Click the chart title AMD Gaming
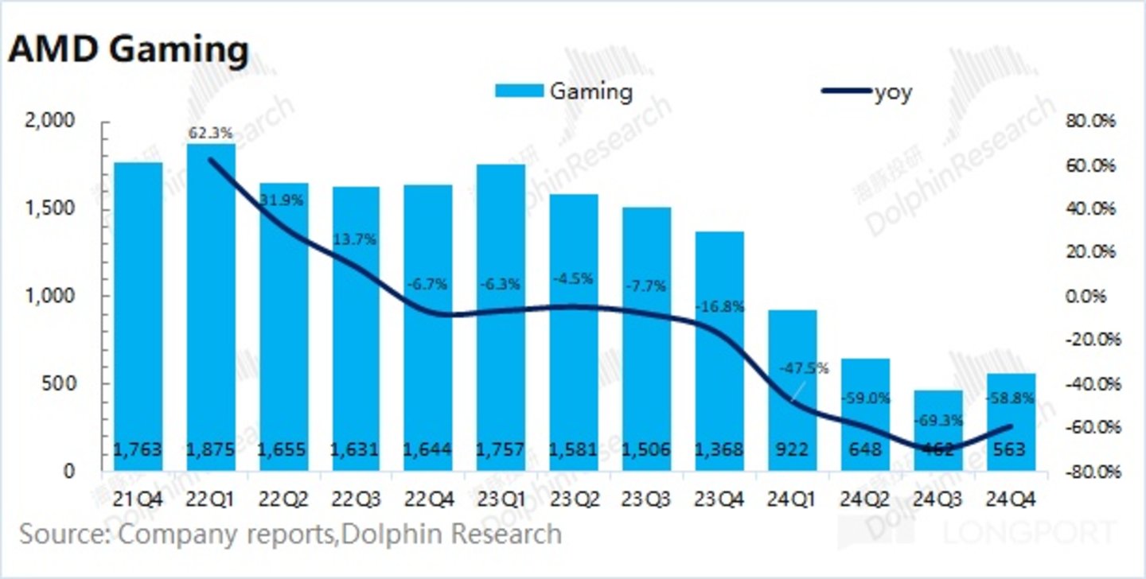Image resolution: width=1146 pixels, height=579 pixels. tap(128, 51)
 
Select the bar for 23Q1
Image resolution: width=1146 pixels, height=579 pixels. tap(501, 317)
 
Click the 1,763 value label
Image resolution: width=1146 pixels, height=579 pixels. tap(138, 449)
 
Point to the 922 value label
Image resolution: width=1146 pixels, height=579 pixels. tap(791, 449)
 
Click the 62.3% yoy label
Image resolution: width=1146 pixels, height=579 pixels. tap(210, 131)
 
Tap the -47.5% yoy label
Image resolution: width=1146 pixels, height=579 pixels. tap(803, 368)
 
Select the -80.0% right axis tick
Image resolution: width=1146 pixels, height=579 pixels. tap(1091, 472)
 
